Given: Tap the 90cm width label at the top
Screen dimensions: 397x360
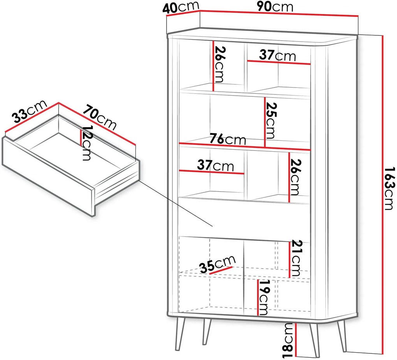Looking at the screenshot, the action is [275, 7].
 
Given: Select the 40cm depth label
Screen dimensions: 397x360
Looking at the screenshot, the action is [181, 8].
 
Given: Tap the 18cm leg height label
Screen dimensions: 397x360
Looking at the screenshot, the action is [288, 341].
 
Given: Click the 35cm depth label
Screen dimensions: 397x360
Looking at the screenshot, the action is [217, 264].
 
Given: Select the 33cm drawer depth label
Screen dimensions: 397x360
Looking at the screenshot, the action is [30, 111].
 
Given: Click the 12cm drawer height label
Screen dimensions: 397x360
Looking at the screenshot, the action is [86, 143].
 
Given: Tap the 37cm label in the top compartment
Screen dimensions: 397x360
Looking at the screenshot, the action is [278, 56].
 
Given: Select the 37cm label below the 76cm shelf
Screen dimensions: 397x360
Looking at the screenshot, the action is [216, 166].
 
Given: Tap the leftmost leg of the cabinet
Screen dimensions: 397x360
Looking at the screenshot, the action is [180, 334].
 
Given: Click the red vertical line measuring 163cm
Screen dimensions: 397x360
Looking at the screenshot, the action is [383, 194].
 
